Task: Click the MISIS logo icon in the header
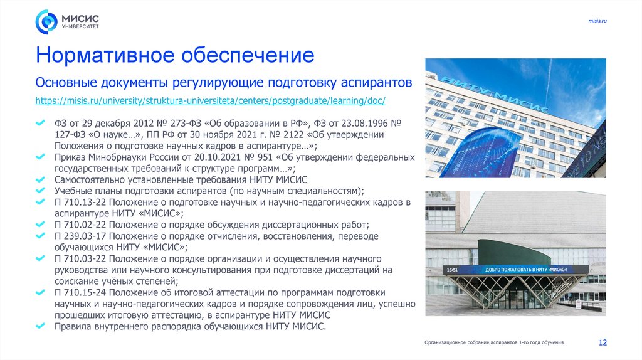[x=46, y=22]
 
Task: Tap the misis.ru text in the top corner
[x=597, y=21]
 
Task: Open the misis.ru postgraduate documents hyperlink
[x=210, y=100]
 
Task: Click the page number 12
[x=603, y=342]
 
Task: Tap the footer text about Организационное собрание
[x=493, y=342]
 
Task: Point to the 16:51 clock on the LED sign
[x=451, y=270]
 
